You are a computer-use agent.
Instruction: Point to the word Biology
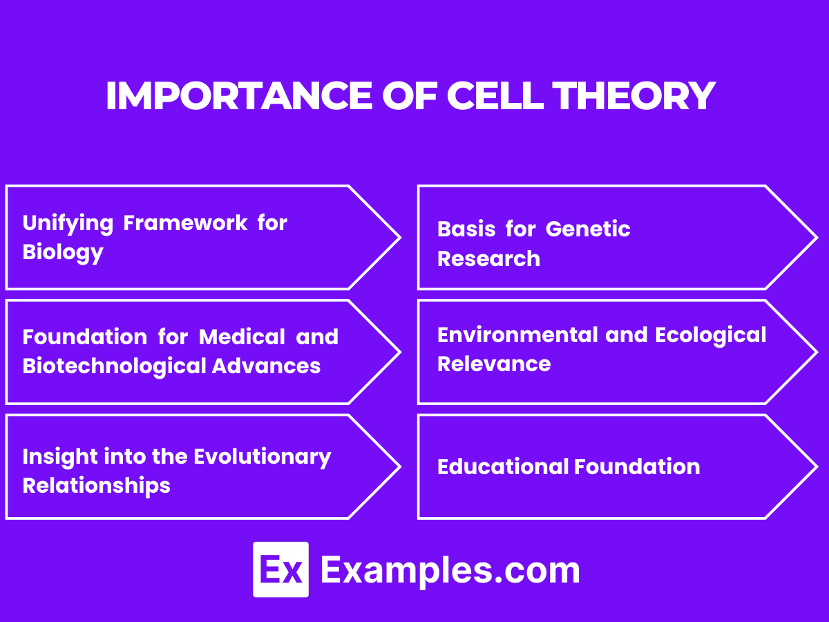(x=63, y=252)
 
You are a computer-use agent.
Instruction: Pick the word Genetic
(x=588, y=229)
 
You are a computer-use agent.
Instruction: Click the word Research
(x=488, y=258)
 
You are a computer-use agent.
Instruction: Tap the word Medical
(x=242, y=337)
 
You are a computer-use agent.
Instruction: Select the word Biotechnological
(x=114, y=366)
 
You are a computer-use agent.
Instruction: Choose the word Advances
(x=266, y=366)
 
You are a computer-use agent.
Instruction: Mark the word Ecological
(x=710, y=334)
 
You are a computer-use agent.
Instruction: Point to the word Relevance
(x=494, y=364)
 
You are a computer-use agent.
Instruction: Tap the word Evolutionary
(x=262, y=457)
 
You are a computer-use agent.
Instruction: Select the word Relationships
(x=96, y=485)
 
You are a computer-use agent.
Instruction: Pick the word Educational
(x=503, y=466)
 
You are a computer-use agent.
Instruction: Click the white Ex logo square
(x=280, y=569)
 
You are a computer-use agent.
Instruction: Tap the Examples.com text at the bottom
(x=450, y=570)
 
